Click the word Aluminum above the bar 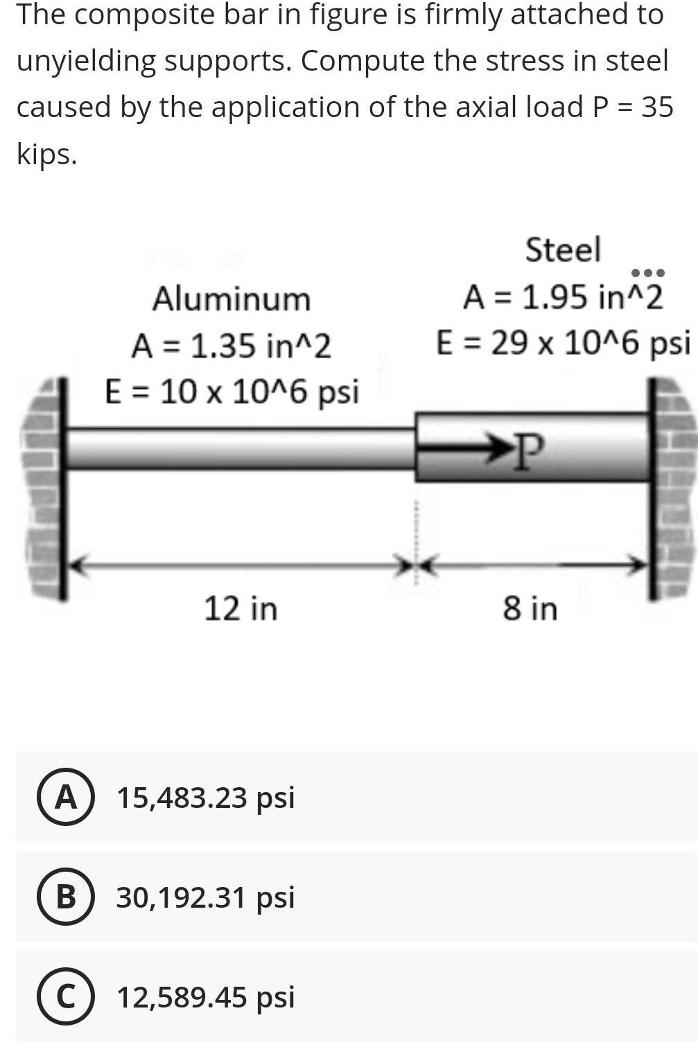tap(231, 299)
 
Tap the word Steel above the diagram tap(562, 249)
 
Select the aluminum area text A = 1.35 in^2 tap(231, 346)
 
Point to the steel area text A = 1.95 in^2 tap(562, 297)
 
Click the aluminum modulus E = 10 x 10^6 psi tap(232, 391)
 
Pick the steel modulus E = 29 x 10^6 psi tap(562, 343)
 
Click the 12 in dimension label tap(241, 608)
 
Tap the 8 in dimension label tap(530, 608)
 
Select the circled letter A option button tap(65, 798)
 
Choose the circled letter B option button tap(65, 897)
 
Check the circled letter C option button tap(65, 997)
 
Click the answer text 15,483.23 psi tap(205, 798)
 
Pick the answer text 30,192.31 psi tap(205, 897)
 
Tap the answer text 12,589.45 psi tap(205, 997)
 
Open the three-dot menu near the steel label tap(647, 272)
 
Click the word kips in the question tap(46, 154)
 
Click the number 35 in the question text tap(656, 107)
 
